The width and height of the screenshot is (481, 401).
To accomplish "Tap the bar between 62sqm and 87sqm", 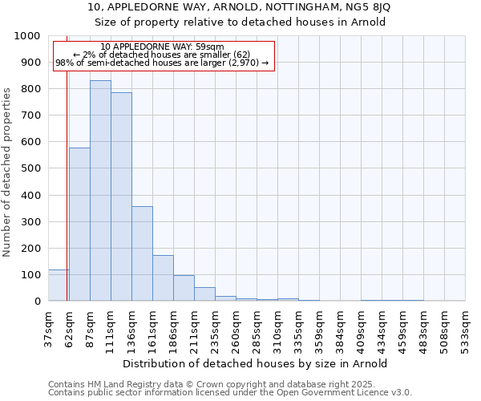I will click(x=79, y=225).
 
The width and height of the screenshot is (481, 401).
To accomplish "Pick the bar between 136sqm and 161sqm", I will click(x=142, y=253).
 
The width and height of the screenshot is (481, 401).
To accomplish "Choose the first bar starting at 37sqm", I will click(x=58, y=286).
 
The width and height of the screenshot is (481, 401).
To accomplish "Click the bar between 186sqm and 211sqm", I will click(x=184, y=288).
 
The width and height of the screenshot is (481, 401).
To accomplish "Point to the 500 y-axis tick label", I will click(x=31, y=168).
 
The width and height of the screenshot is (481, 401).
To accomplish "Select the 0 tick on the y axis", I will click(x=37, y=302).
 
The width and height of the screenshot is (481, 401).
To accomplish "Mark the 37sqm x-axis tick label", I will click(x=48, y=326).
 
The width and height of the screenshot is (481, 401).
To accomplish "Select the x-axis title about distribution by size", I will click(x=257, y=363).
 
